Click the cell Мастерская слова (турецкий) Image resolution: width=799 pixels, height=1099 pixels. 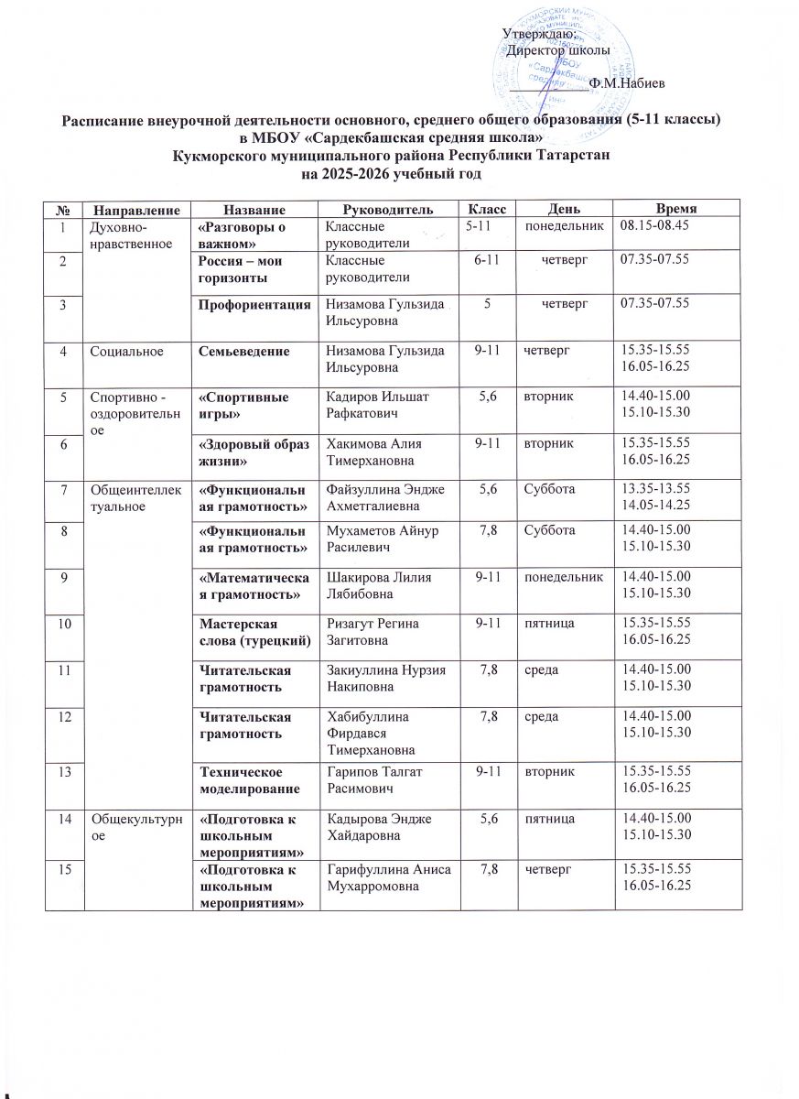[243, 630]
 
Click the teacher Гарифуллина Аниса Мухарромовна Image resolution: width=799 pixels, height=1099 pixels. [378, 876]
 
